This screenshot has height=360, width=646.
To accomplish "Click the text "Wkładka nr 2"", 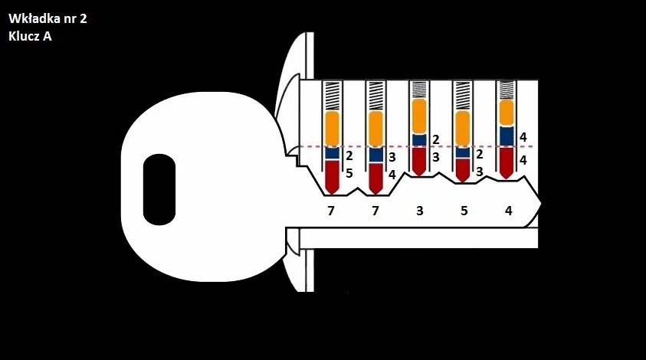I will tap(47, 18).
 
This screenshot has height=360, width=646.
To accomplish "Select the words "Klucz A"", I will tap(31, 35).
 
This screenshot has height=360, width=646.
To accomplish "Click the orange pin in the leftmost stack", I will tap(332, 129).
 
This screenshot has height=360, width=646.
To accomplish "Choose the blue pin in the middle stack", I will tap(419, 139).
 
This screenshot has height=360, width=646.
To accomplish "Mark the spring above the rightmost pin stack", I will tap(507, 91).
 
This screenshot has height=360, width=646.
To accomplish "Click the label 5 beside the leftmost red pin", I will tap(349, 173).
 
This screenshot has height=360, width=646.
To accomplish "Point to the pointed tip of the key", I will tap(539, 205).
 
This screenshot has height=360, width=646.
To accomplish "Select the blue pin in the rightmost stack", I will tap(507, 135).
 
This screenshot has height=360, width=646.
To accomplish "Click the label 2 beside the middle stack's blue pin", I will tap(436, 139).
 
